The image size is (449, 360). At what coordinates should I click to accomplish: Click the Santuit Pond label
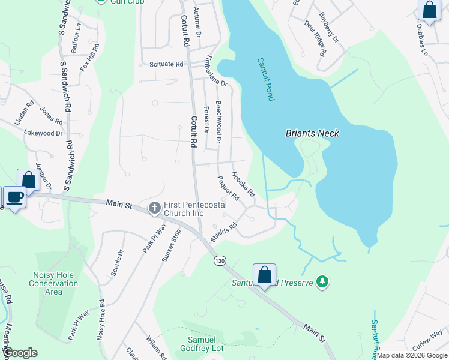pyautogui.click(x=265, y=79)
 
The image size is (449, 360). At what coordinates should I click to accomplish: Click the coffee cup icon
pyautogui.click(x=15, y=196)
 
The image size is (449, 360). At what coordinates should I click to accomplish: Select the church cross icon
pyautogui.click(x=154, y=208)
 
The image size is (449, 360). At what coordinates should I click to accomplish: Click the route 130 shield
pyautogui.click(x=220, y=260)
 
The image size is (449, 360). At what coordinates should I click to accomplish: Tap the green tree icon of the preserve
pyautogui.click(x=323, y=281)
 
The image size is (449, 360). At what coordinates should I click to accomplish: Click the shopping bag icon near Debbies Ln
pyautogui.click(x=429, y=10)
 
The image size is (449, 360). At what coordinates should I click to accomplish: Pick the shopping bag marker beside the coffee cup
pyautogui.click(x=28, y=179)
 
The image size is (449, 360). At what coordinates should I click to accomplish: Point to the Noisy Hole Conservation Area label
pyautogui.click(x=53, y=283)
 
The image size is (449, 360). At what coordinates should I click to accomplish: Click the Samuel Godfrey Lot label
pyautogui.click(x=202, y=343)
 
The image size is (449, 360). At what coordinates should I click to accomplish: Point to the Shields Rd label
pyautogui.click(x=224, y=233)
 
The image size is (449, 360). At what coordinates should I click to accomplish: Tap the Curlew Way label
pyautogui.click(x=428, y=339)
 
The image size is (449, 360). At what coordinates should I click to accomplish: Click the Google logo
pyautogui.click(x=20, y=353)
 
